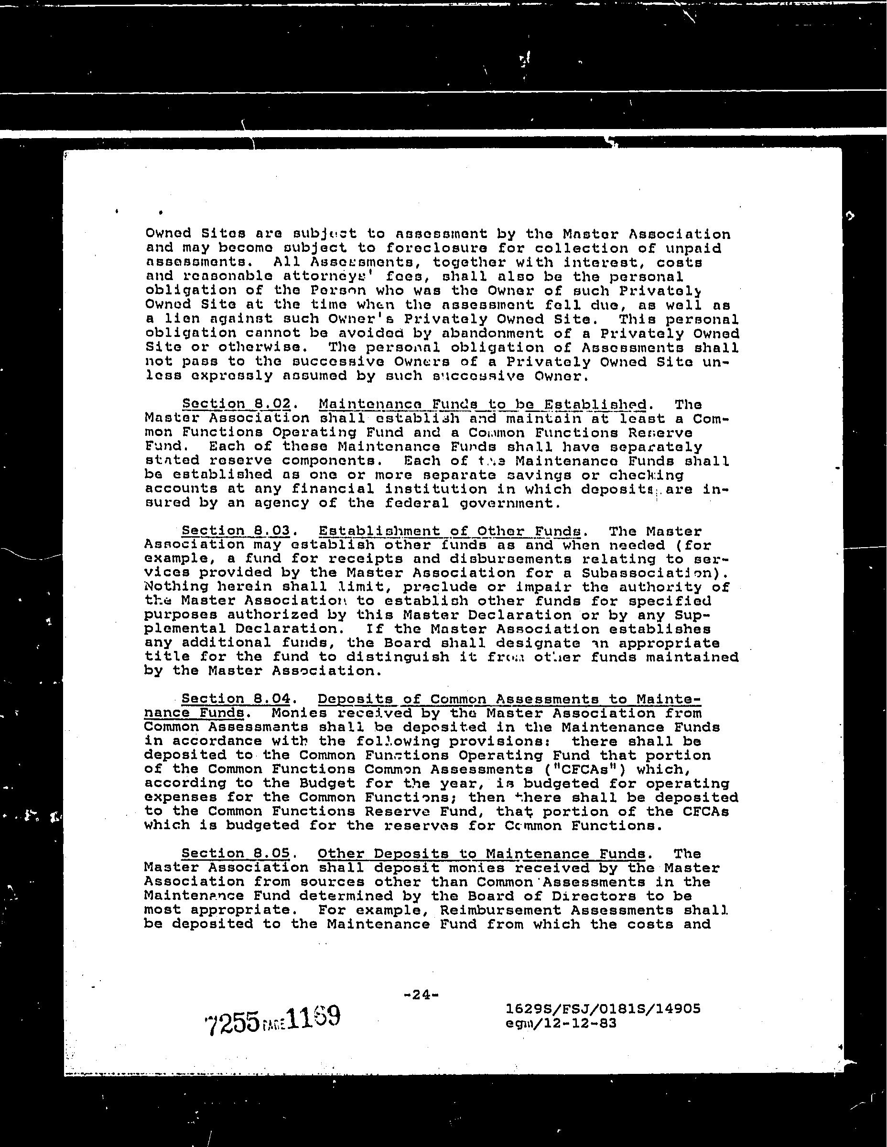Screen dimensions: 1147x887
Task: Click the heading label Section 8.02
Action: point(236,404)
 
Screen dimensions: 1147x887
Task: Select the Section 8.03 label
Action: point(236,530)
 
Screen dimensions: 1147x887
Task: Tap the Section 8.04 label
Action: point(236,699)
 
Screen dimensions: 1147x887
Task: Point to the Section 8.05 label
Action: point(236,854)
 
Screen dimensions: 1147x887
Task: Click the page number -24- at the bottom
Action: point(421,995)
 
